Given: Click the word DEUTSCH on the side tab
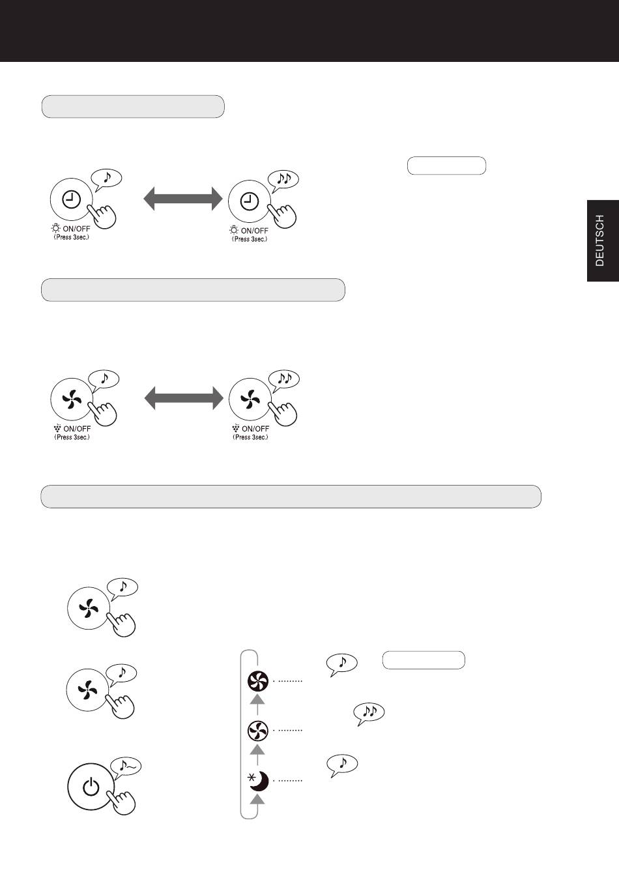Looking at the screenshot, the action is (599, 240).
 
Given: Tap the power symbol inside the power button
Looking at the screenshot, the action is (91, 787).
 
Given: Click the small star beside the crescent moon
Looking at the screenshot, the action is (252, 778).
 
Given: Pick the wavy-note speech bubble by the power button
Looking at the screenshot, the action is (126, 766).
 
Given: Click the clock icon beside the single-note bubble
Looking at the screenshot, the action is (72, 200).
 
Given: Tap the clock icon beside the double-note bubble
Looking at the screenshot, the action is (250, 201).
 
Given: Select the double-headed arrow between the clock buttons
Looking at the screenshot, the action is (183, 199).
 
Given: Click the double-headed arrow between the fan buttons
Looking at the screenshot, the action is (184, 398).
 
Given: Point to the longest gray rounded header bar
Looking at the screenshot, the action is (291, 496).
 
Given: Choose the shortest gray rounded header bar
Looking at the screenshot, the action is (133, 106).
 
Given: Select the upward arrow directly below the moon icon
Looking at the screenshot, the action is (257, 800).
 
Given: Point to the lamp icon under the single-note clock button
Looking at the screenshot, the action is (56, 228).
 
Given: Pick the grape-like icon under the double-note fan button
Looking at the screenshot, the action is (235, 428).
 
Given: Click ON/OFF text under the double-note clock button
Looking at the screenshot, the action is (254, 231).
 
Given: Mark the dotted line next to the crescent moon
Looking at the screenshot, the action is (288, 781).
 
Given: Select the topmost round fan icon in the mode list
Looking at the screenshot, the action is (258, 681).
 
